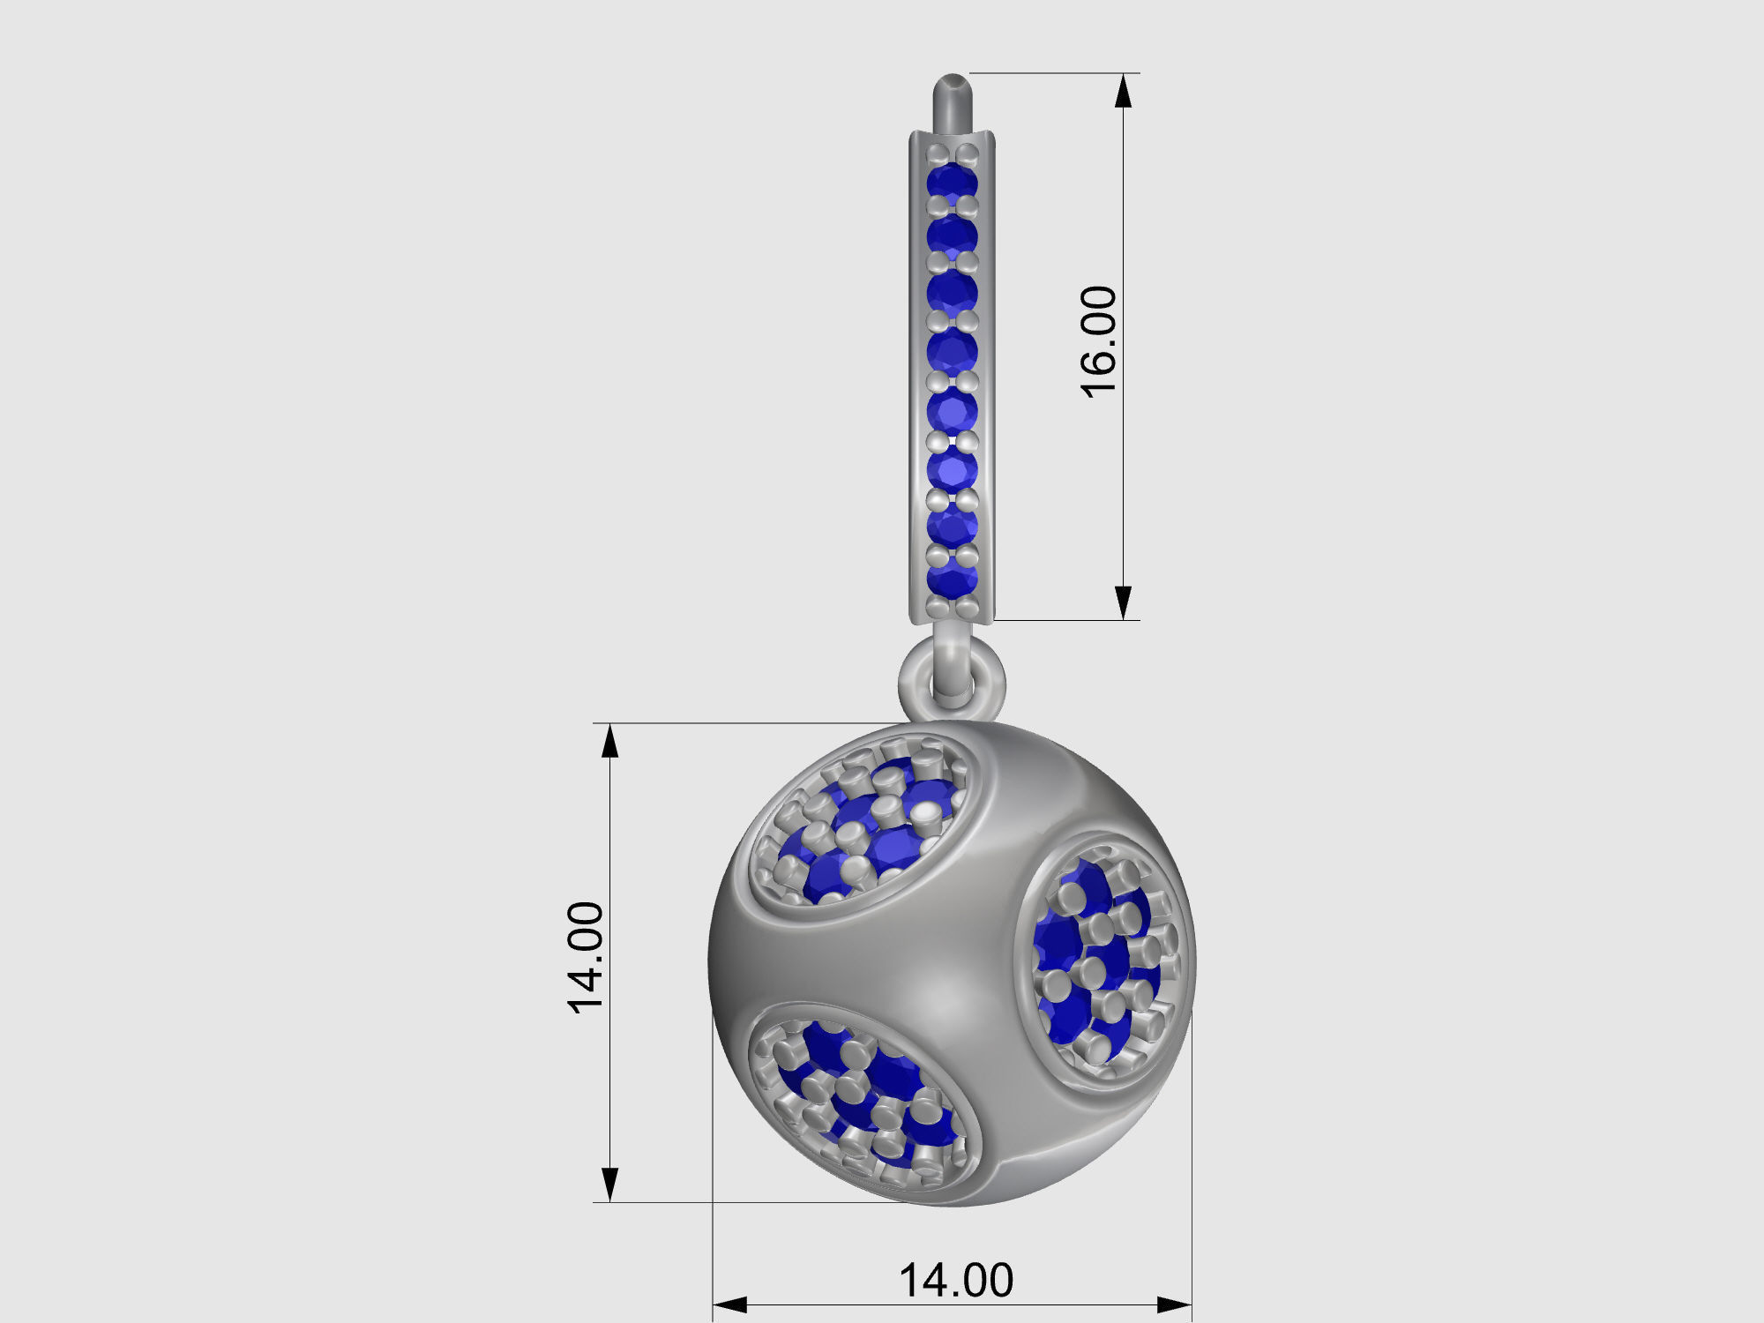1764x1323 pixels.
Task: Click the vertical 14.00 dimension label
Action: coord(587,958)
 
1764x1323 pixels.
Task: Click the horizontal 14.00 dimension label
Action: coord(956,1281)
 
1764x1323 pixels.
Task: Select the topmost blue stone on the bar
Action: coord(953,182)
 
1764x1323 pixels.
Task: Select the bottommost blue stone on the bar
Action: coord(953,579)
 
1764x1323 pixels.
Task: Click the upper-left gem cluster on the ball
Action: coord(860,829)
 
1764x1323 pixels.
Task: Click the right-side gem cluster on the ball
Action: coord(1102,961)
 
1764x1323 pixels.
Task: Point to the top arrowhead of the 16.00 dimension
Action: coord(1123,91)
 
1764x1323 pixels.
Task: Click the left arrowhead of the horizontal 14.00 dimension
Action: coord(730,1304)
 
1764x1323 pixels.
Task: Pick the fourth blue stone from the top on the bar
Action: coord(953,352)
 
